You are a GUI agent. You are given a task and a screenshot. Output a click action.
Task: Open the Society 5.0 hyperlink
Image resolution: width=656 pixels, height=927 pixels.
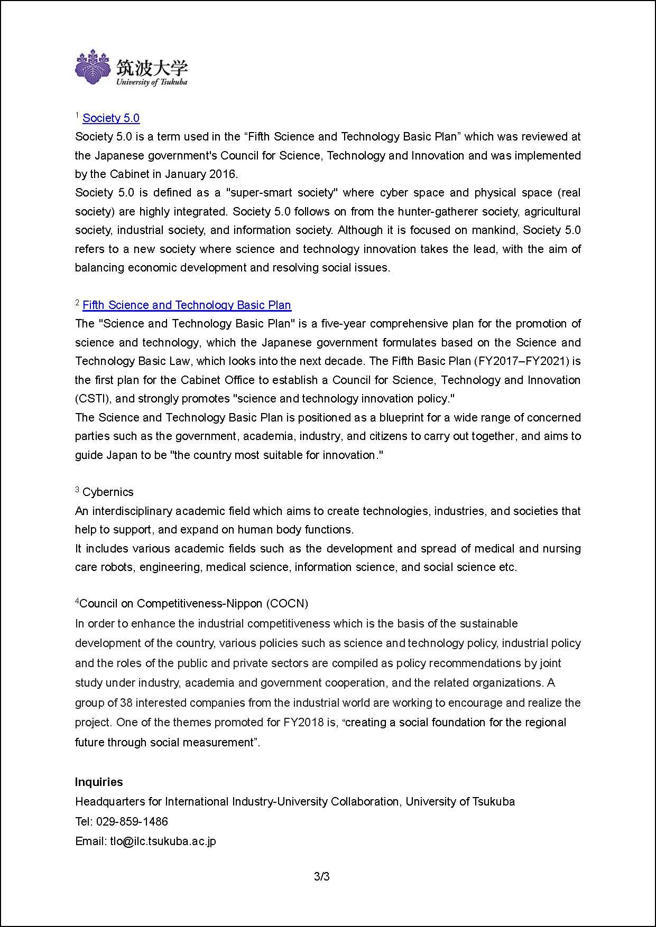pyautogui.click(x=111, y=118)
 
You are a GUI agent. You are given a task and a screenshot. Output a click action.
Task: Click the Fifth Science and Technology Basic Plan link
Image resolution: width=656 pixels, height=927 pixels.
pyautogui.click(x=187, y=305)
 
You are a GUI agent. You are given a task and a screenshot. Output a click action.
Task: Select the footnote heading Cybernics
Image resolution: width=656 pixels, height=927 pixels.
pyautogui.click(x=108, y=492)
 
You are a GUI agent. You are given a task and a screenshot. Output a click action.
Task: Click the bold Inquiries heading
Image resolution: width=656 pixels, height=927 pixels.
pyautogui.click(x=99, y=782)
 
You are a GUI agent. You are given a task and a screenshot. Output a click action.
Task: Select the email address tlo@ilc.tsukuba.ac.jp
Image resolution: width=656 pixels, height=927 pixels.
pyautogui.click(x=163, y=841)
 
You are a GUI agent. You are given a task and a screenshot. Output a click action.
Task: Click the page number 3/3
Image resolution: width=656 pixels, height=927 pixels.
pyautogui.click(x=322, y=877)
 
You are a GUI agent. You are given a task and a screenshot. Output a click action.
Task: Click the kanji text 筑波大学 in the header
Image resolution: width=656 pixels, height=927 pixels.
pyautogui.click(x=152, y=67)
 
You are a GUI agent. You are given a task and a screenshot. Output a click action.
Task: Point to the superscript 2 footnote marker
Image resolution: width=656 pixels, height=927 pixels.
pyautogui.click(x=77, y=303)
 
